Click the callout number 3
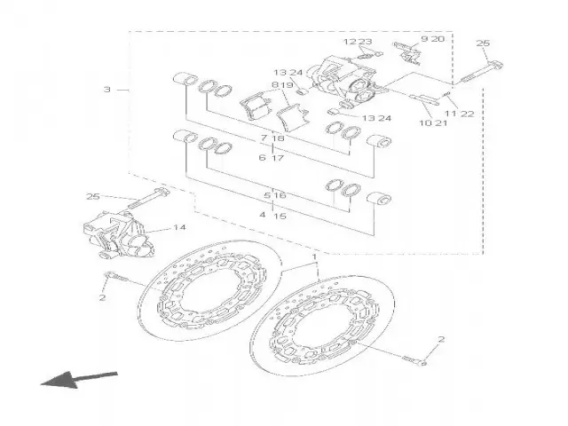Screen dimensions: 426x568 (x=107, y=90)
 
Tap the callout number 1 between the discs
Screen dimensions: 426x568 (x=314, y=256)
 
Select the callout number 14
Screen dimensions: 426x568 (x=179, y=228)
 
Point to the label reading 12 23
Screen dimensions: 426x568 (x=358, y=43)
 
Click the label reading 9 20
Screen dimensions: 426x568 (x=431, y=40)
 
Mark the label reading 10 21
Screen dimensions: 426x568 (x=434, y=122)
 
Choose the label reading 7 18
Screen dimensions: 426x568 (x=272, y=139)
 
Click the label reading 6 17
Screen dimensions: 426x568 (x=272, y=158)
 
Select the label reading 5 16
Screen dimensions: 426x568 (x=274, y=194)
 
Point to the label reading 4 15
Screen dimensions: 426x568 (x=272, y=216)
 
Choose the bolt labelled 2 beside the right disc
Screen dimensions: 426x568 (x=413, y=359)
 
